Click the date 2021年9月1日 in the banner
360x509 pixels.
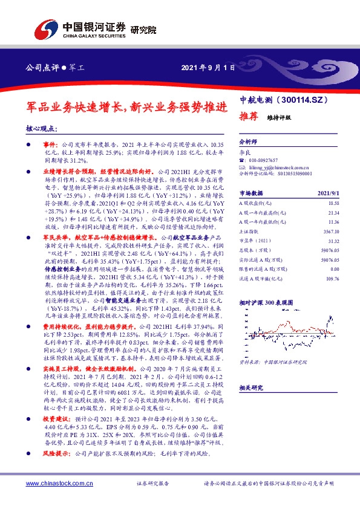click(207, 67)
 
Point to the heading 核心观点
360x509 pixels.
click(42, 129)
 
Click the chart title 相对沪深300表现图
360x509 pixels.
click(266, 300)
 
